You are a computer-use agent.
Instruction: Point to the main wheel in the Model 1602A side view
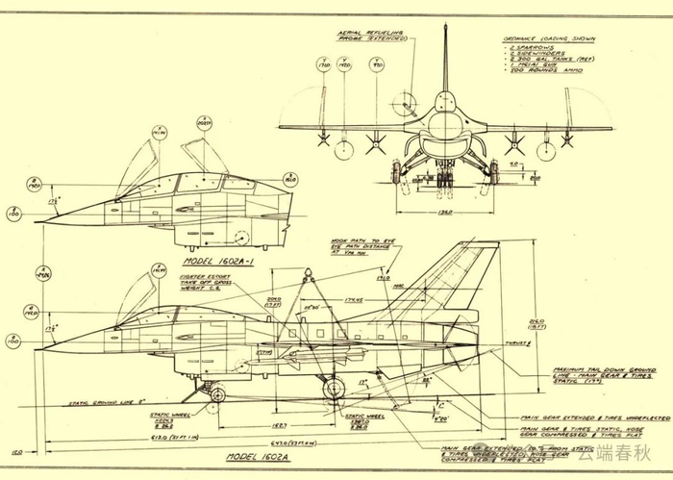[333, 388]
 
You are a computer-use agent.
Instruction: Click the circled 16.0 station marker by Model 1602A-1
[290, 179]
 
